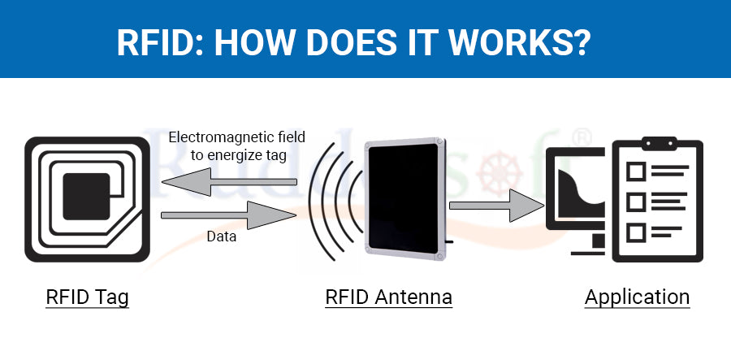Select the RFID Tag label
tap(87, 297)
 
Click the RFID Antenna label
tap(388, 297)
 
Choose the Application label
tap(637, 297)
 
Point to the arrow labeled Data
tap(228, 215)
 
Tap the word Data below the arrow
tap(220, 237)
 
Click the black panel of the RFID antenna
tap(403, 198)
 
